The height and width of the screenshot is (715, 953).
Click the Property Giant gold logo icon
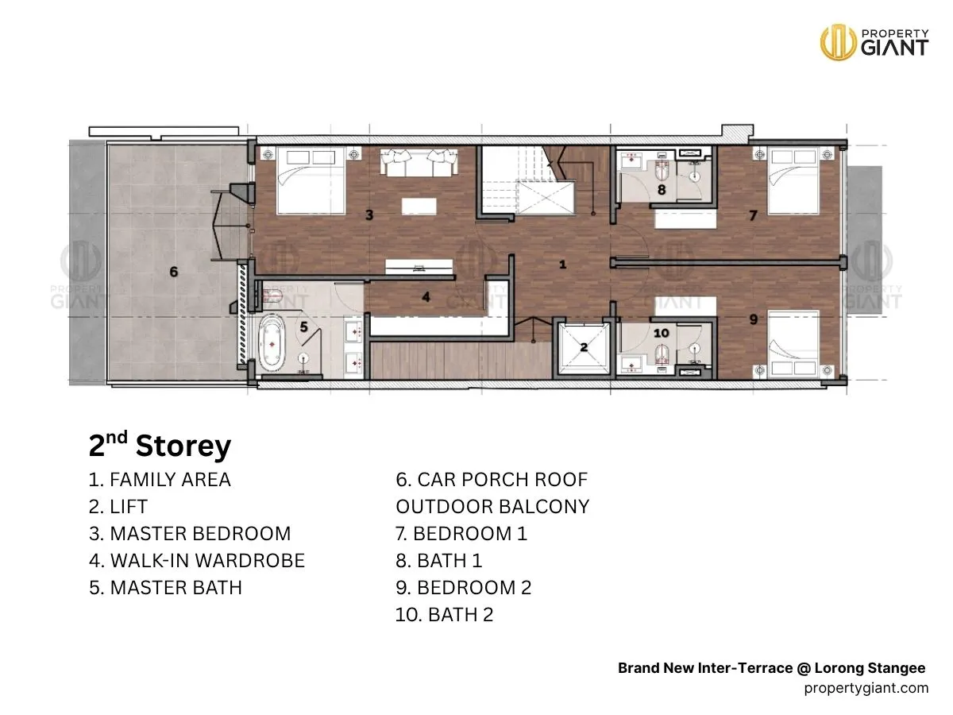[838, 42]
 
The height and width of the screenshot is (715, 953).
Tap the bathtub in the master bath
[272, 344]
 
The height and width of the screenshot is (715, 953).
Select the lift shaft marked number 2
[584, 348]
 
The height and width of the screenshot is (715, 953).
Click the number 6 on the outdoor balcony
[174, 272]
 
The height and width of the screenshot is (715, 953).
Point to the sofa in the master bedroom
[419, 162]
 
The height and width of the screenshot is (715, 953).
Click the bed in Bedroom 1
[793, 180]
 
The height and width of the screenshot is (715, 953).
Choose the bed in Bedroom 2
[793, 344]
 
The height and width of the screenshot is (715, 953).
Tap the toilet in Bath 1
[662, 171]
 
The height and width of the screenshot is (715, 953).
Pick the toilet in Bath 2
[662, 354]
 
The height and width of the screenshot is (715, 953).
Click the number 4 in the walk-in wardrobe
[426, 297]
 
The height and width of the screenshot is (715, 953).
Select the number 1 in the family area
[563, 265]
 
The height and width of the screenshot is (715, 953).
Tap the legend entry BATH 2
[444, 615]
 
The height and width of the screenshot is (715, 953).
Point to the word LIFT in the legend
[129, 507]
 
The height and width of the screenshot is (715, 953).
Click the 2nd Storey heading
[160, 446]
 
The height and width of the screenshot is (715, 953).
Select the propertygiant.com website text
[866, 688]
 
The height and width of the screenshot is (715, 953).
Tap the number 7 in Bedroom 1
[754, 215]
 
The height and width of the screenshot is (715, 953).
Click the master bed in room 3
[311, 180]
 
